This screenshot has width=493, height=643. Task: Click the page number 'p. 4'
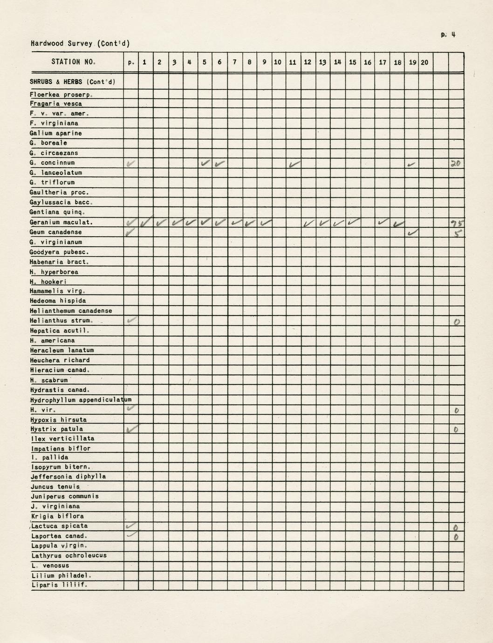click(447, 34)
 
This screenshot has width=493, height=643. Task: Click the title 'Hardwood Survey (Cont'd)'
click(80, 44)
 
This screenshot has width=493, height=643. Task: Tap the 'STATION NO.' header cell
click(74, 62)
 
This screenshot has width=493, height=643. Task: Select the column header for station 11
click(293, 62)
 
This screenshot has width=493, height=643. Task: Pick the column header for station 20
click(425, 62)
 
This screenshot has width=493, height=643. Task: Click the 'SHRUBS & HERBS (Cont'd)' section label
click(72, 82)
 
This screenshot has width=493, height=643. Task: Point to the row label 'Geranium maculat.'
click(61, 222)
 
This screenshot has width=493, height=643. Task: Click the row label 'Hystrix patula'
click(56, 429)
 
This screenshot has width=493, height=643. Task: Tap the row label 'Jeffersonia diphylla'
click(68, 477)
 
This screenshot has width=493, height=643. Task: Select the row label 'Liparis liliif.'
click(59, 585)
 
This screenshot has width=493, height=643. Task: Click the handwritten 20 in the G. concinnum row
click(455, 163)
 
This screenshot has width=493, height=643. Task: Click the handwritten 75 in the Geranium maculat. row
click(456, 223)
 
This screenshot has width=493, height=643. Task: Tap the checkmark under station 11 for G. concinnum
click(294, 164)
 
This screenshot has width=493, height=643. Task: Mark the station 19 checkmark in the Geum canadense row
click(412, 232)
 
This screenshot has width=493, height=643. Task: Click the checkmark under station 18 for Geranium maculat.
click(397, 224)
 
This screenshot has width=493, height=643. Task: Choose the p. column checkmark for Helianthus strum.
click(131, 320)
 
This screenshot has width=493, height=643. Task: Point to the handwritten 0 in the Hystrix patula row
click(456, 430)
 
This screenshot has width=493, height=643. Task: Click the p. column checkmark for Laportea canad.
click(131, 535)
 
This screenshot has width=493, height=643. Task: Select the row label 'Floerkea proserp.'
click(61, 95)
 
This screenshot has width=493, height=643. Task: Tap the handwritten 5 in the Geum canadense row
click(458, 233)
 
